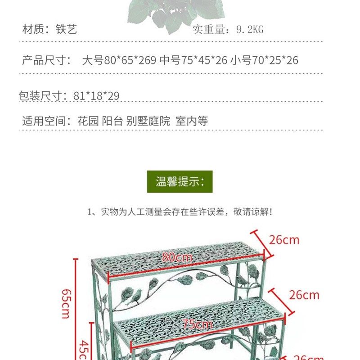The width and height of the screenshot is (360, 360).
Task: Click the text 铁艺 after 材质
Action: (67, 30)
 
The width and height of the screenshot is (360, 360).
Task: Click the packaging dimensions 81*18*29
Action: (97, 96)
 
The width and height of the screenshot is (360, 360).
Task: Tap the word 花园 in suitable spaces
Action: (87, 121)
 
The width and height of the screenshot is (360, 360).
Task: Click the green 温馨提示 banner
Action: (180, 182)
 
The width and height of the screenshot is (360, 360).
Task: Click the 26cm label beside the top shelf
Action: (284, 240)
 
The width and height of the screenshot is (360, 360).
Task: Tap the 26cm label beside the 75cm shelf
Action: (304, 295)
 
